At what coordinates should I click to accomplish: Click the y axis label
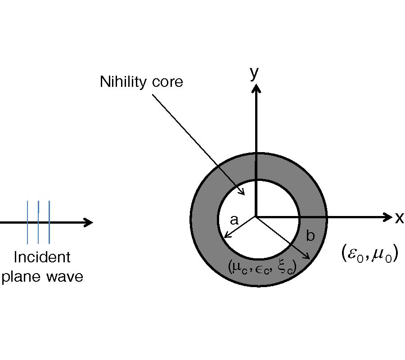(255, 72)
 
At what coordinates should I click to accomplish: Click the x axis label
(399, 218)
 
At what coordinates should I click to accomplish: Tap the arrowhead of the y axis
(256, 89)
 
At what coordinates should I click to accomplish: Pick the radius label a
(234, 220)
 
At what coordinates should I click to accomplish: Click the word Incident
(42, 257)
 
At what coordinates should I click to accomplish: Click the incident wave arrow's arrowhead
(89, 222)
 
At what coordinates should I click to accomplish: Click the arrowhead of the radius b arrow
(307, 256)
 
